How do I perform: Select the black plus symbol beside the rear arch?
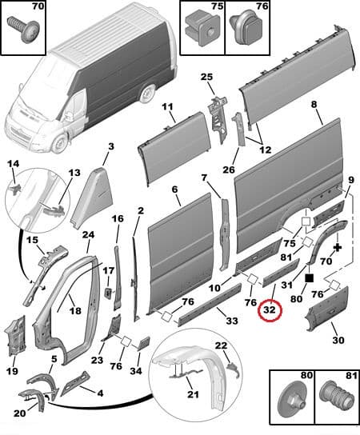(338, 248)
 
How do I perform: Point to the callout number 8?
(314, 105)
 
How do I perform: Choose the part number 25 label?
(207, 77)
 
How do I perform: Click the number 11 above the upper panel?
(168, 107)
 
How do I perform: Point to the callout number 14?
(13, 165)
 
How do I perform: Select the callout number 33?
(232, 321)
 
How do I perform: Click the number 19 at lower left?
(13, 372)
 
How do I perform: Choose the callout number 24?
(89, 235)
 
